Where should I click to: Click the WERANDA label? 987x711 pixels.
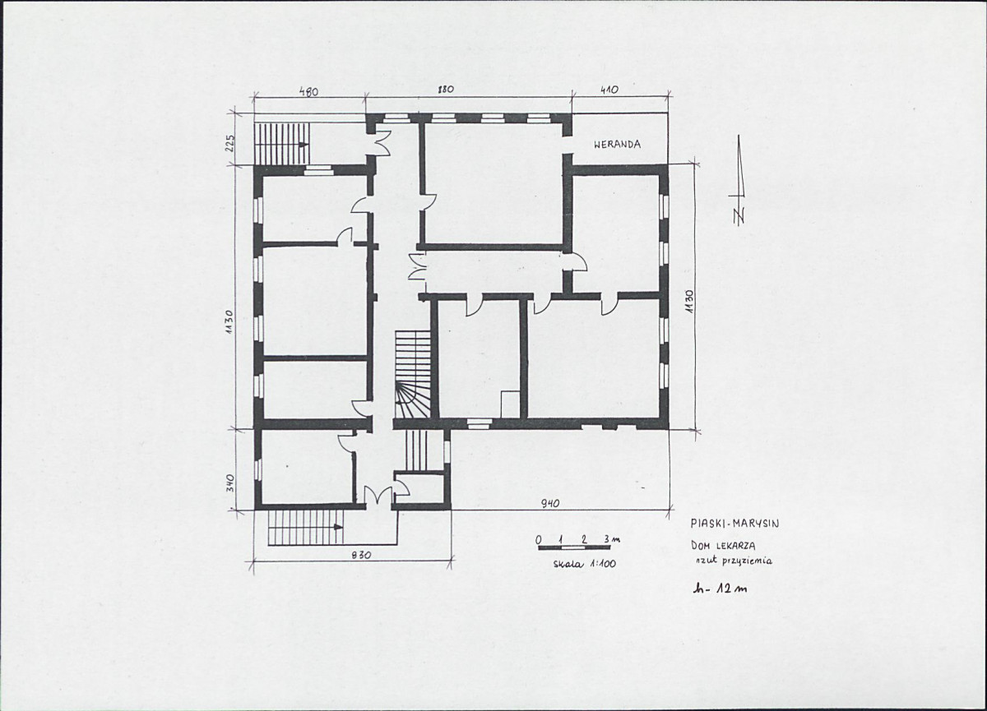coord(618,145)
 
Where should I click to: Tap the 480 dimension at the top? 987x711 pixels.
coord(308,91)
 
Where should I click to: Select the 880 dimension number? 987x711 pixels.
coord(446,90)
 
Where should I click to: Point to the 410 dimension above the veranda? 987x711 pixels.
coord(609,90)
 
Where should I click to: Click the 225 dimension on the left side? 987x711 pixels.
coord(230,143)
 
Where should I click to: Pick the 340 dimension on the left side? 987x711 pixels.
coord(230,483)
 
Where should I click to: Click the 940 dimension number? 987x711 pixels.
coord(549,503)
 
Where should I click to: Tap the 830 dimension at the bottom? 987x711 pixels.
coord(361,555)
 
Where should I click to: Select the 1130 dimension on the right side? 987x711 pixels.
coord(688,301)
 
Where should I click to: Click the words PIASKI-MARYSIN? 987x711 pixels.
coord(735,524)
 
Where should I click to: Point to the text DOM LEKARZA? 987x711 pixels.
coord(723,546)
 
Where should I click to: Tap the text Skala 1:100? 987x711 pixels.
coord(584,565)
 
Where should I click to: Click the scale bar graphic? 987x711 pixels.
coord(574,547)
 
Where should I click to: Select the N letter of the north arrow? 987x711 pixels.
coord(739,215)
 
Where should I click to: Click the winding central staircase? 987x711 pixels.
coord(412,374)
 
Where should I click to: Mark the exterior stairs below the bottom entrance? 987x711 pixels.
coord(306,527)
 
